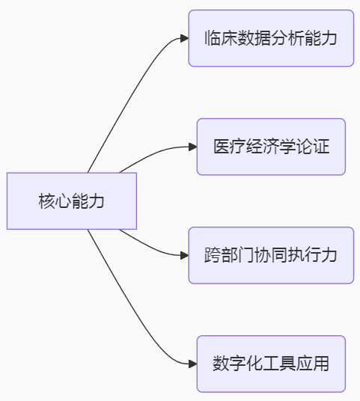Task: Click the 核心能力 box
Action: point(72,201)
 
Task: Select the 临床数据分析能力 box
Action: point(271,38)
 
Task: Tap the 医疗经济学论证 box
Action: point(271,147)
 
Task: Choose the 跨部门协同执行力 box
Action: point(271,255)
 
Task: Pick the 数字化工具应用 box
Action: point(271,364)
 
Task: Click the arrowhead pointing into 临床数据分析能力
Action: point(184,38)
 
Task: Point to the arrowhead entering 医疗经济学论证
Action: point(192,147)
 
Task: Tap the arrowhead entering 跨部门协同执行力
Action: point(184,255)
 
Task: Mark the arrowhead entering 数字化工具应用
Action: point(192,364)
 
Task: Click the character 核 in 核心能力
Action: point(46,201)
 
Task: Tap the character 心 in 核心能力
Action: point(63,201)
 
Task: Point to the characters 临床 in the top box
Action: point(221,38)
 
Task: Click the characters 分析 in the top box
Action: point(287,38)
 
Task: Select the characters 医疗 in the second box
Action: point(230,147)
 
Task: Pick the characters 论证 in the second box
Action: point(313,147)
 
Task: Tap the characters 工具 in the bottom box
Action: point(279,364)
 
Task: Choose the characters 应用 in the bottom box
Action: point(313,364)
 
